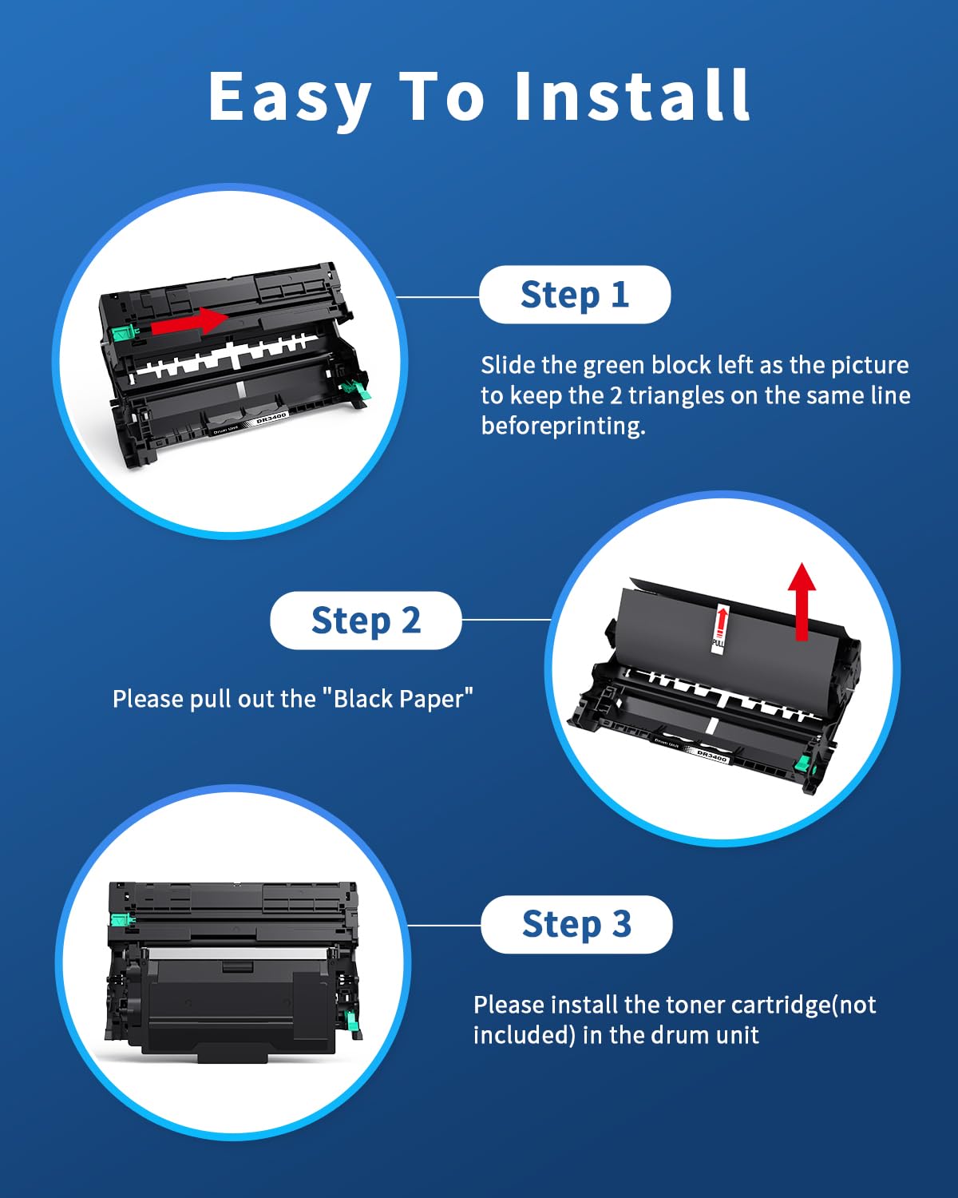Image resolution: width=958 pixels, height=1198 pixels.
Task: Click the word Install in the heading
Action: (631, 96)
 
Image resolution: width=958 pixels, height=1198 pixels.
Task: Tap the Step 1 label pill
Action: (575, 295)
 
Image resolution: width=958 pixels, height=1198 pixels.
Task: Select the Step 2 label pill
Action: (366, 621)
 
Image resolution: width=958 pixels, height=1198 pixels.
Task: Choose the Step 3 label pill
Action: (576, 924)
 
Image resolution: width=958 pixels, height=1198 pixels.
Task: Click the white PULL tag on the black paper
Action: (719, 629)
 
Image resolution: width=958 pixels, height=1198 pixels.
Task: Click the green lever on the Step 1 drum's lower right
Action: (355, 391)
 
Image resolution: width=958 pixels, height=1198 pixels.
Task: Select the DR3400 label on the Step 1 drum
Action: (271, 418)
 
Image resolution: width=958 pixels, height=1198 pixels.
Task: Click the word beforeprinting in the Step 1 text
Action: (563, 426)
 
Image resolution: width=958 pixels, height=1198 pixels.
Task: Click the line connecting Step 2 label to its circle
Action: (505, 619)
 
